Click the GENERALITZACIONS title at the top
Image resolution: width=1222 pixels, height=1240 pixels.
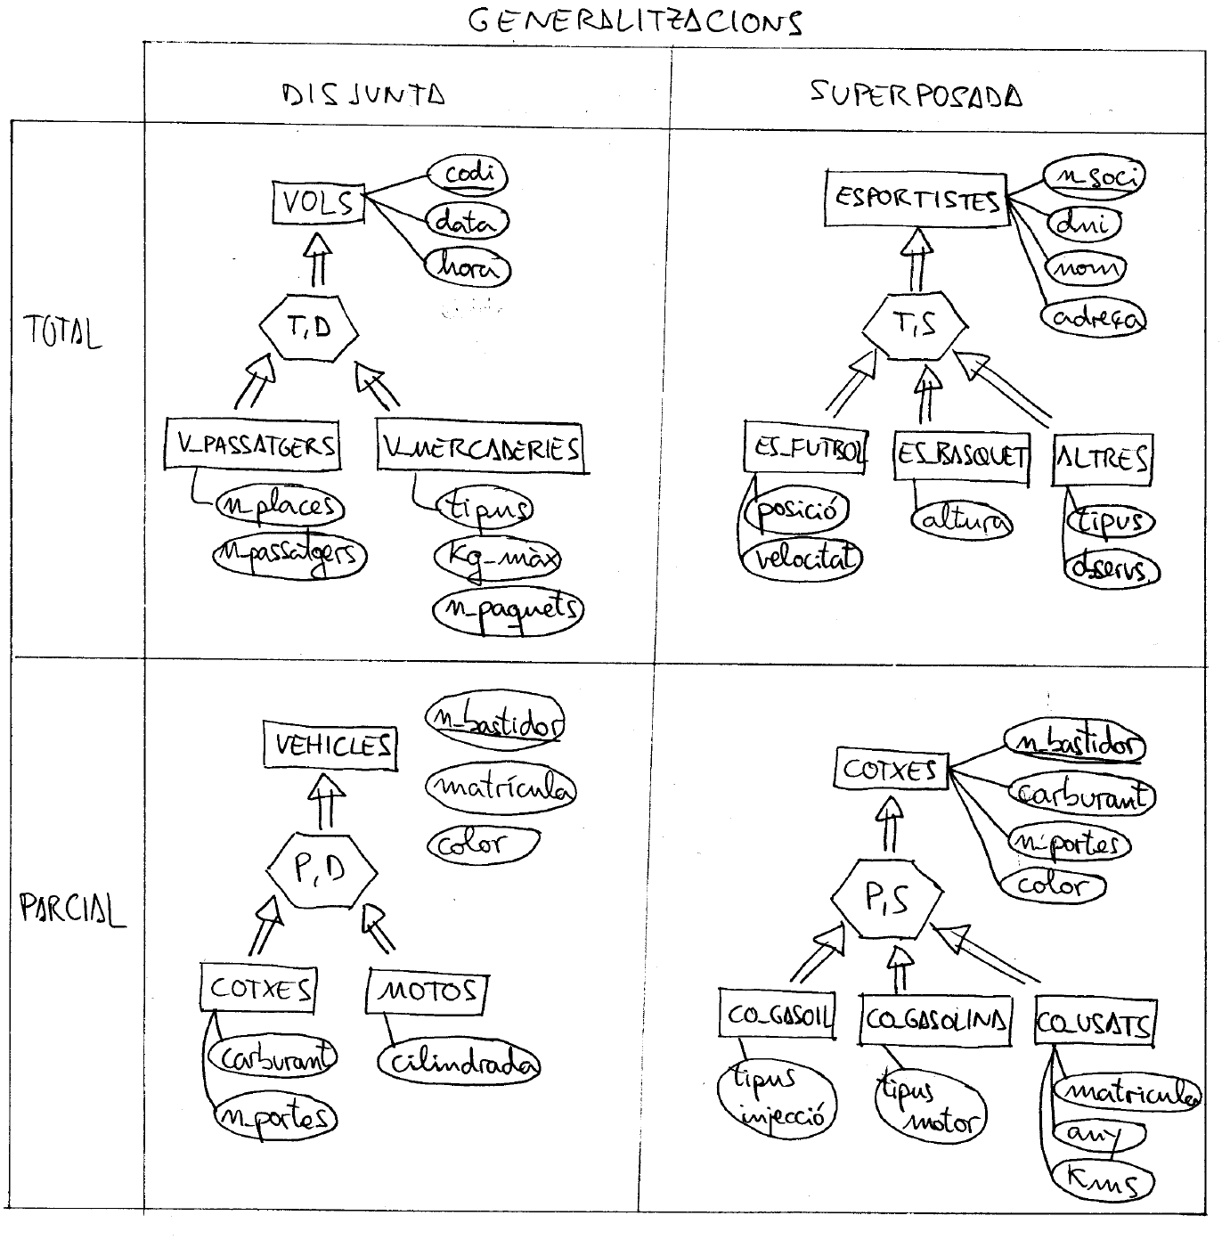coord(634,21)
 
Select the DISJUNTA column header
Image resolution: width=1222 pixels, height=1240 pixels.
coord(363,94)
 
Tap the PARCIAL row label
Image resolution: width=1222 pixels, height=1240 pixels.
coord(72,910)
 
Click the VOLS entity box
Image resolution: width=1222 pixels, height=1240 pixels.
coord(318,204)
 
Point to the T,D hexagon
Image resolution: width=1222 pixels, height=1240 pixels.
coord(309,328)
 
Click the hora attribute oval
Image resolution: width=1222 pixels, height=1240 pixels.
coord(467,267)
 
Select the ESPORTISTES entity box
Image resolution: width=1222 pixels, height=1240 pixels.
coord(916,198)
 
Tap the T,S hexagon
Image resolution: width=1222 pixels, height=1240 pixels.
coord(914,326)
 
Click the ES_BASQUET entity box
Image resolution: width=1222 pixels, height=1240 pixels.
coord(961,456)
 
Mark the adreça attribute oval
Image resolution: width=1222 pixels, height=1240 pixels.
coord(1094,318)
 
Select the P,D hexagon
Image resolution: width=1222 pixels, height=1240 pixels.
coord(322,868)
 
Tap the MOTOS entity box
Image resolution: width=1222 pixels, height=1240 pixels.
coord(427,991)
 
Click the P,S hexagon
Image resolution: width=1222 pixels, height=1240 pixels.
coord(886,899)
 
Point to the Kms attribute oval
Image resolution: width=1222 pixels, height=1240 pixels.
coord(1104,1182)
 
